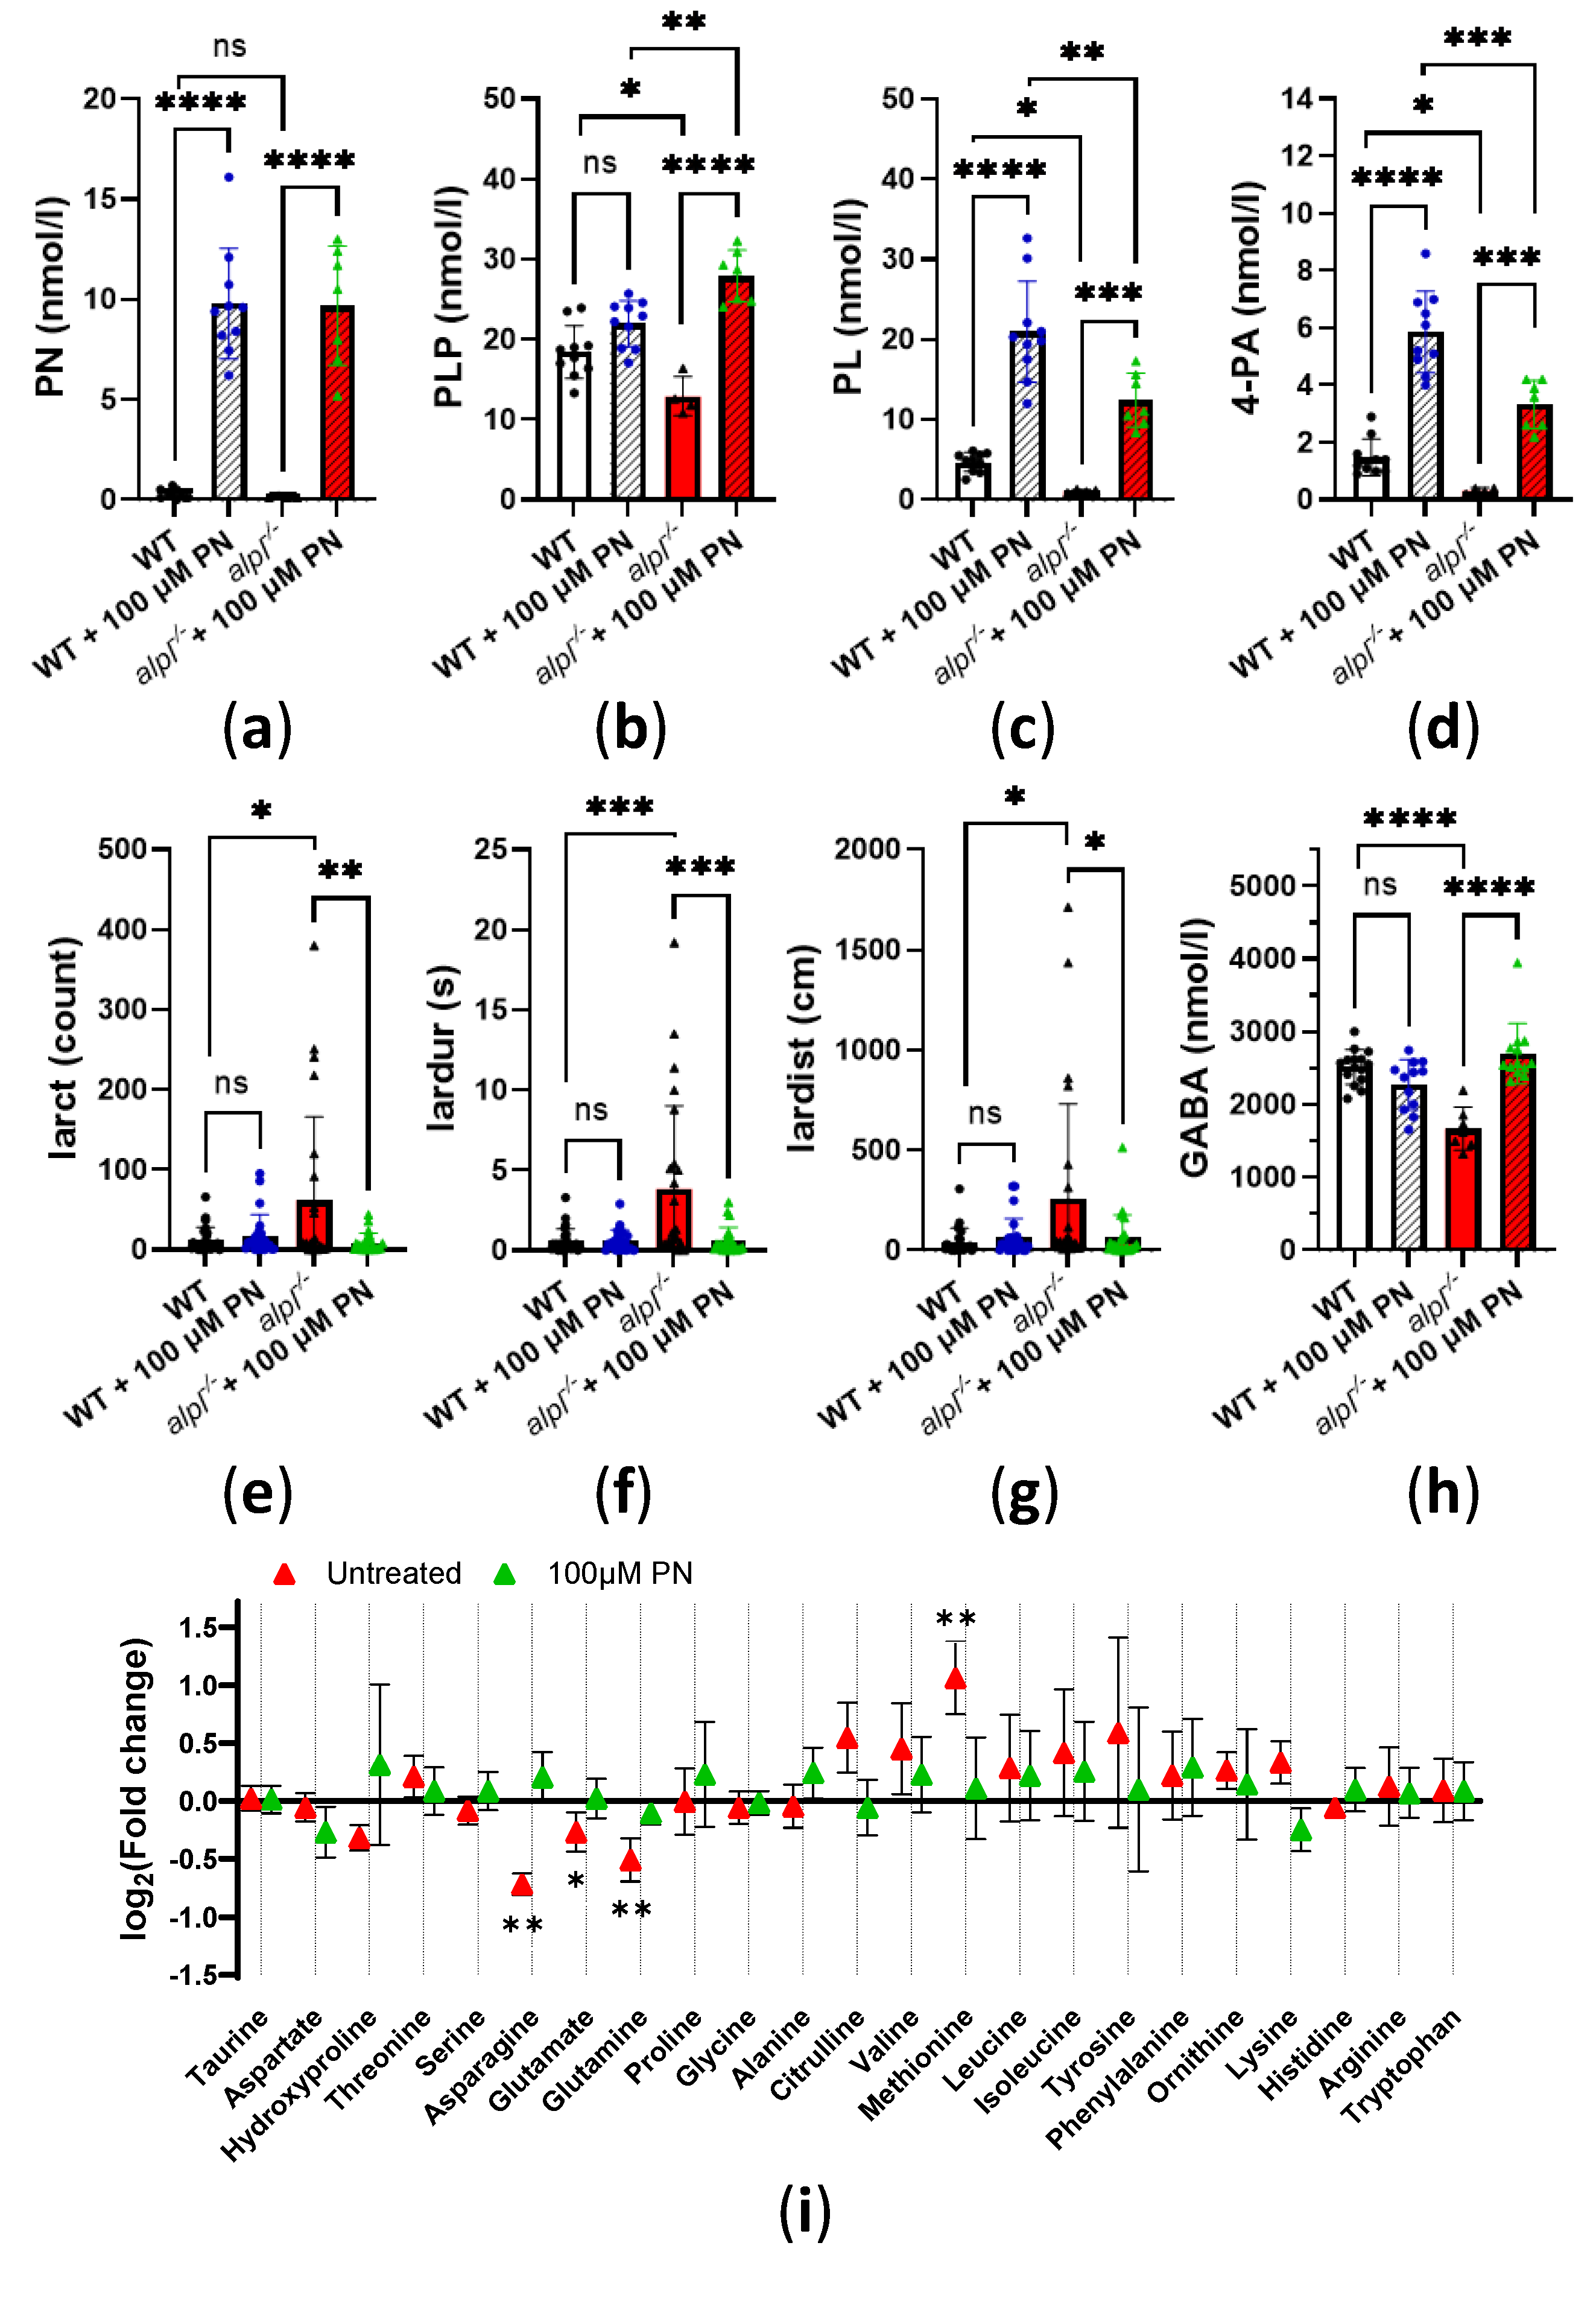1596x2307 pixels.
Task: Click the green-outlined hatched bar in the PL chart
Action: [x=1135, y=450]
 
